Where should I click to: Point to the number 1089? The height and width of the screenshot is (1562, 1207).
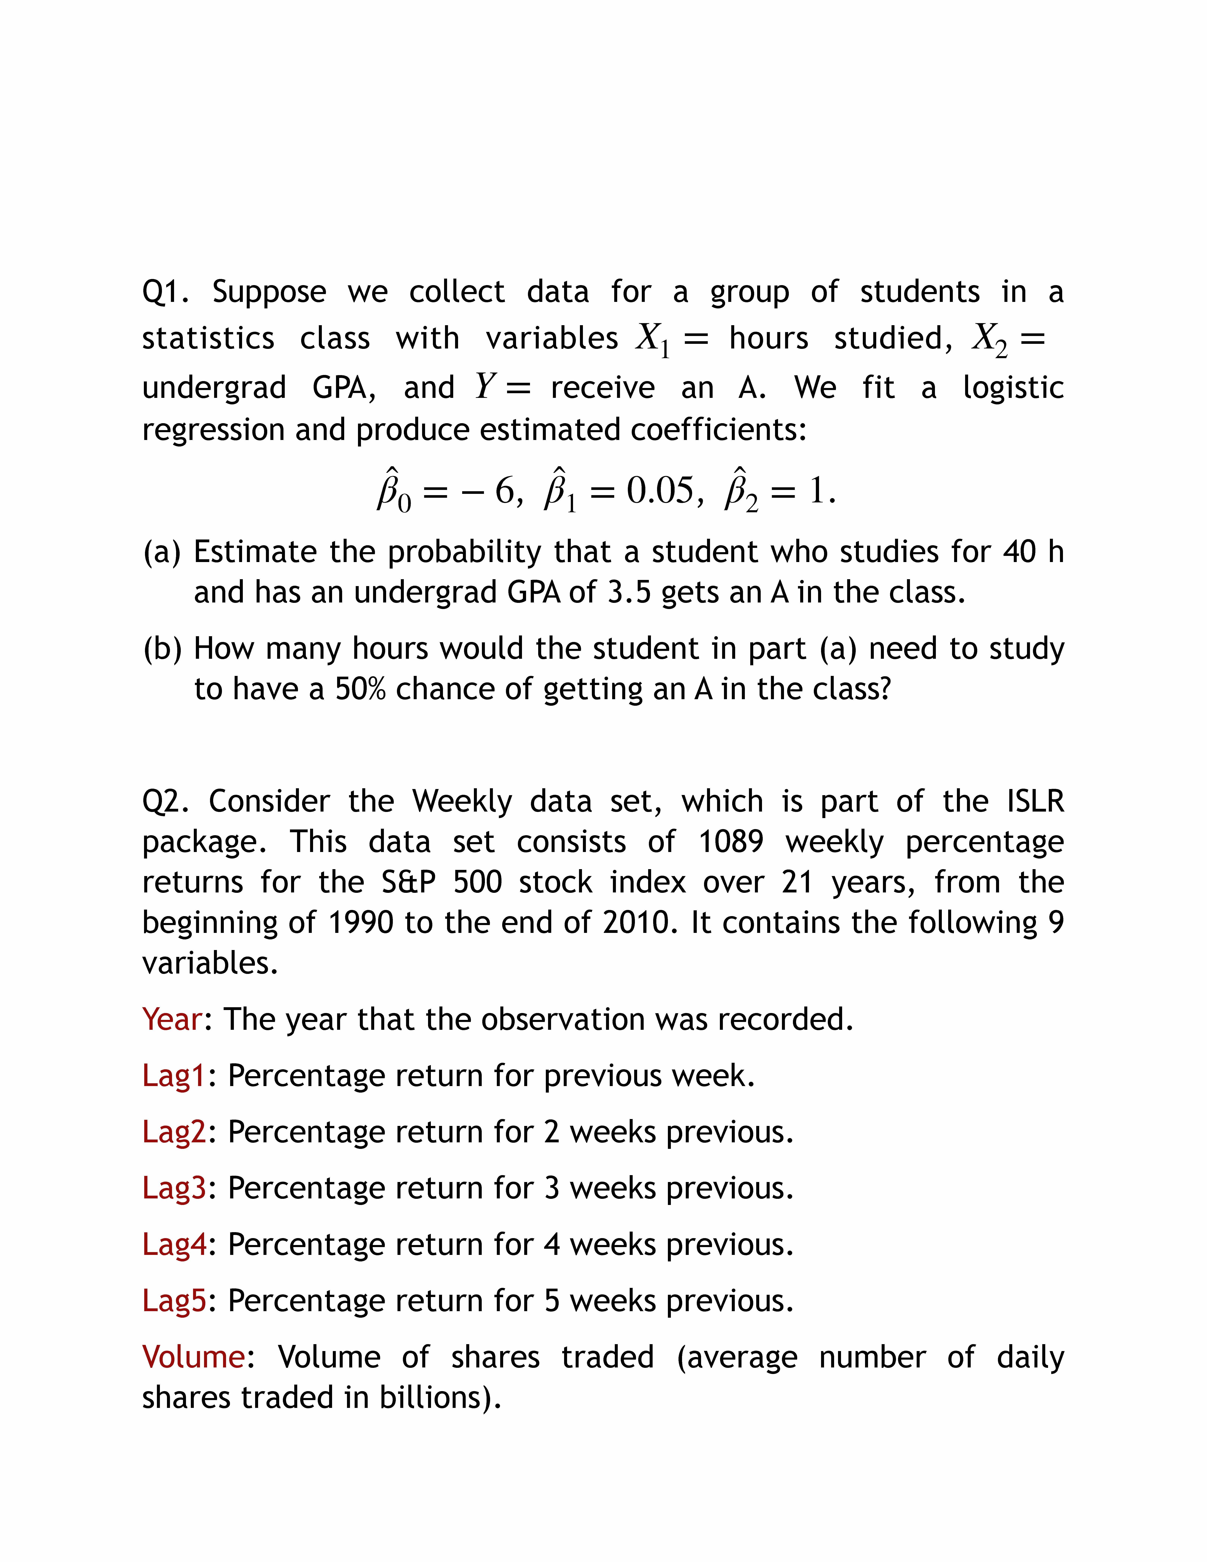[x=731, y=842]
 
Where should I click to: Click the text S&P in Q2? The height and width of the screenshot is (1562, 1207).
[x=408, y=882]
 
